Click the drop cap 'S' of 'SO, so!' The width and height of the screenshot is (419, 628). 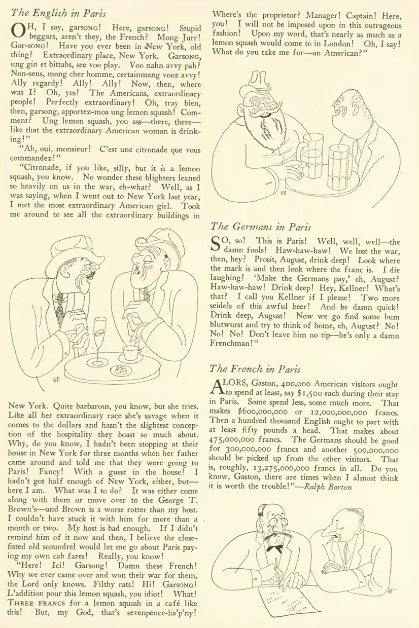click(x=216, y=245)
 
